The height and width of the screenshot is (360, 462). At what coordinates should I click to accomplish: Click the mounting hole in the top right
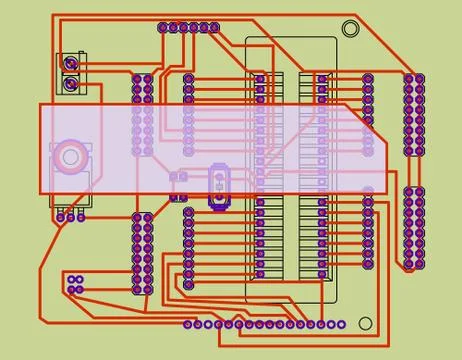click(350, 29)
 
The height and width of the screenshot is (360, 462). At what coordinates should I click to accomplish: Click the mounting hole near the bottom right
click(365, 324)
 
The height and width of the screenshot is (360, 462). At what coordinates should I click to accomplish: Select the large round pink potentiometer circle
click(70, 154)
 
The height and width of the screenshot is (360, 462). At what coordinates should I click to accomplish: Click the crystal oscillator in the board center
click(218, 186)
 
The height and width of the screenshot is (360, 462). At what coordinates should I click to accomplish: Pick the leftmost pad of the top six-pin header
click(163, 28)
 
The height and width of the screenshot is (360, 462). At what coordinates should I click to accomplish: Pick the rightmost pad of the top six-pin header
click(214, 28)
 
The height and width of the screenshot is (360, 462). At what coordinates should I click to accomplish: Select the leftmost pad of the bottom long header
click(189, 324)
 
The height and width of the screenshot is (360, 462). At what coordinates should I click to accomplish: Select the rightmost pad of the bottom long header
click(342, 324)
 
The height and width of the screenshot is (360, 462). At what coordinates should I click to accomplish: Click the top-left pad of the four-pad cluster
click(69, 277)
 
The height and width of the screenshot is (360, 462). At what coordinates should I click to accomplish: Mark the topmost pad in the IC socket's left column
click(260, 78)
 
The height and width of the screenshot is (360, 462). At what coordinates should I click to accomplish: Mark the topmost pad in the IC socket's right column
click(321, 78)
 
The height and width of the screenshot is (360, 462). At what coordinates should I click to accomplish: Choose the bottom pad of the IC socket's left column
click(260, 273)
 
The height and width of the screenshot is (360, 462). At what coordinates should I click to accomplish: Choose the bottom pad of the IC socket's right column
click(321, 273)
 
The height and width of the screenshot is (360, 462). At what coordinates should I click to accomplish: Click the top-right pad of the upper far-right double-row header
click(419, 78)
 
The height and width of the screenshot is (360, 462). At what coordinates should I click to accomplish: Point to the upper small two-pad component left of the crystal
click(179, 177)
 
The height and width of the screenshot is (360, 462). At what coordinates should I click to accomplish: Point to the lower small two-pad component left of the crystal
click(179, 197)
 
